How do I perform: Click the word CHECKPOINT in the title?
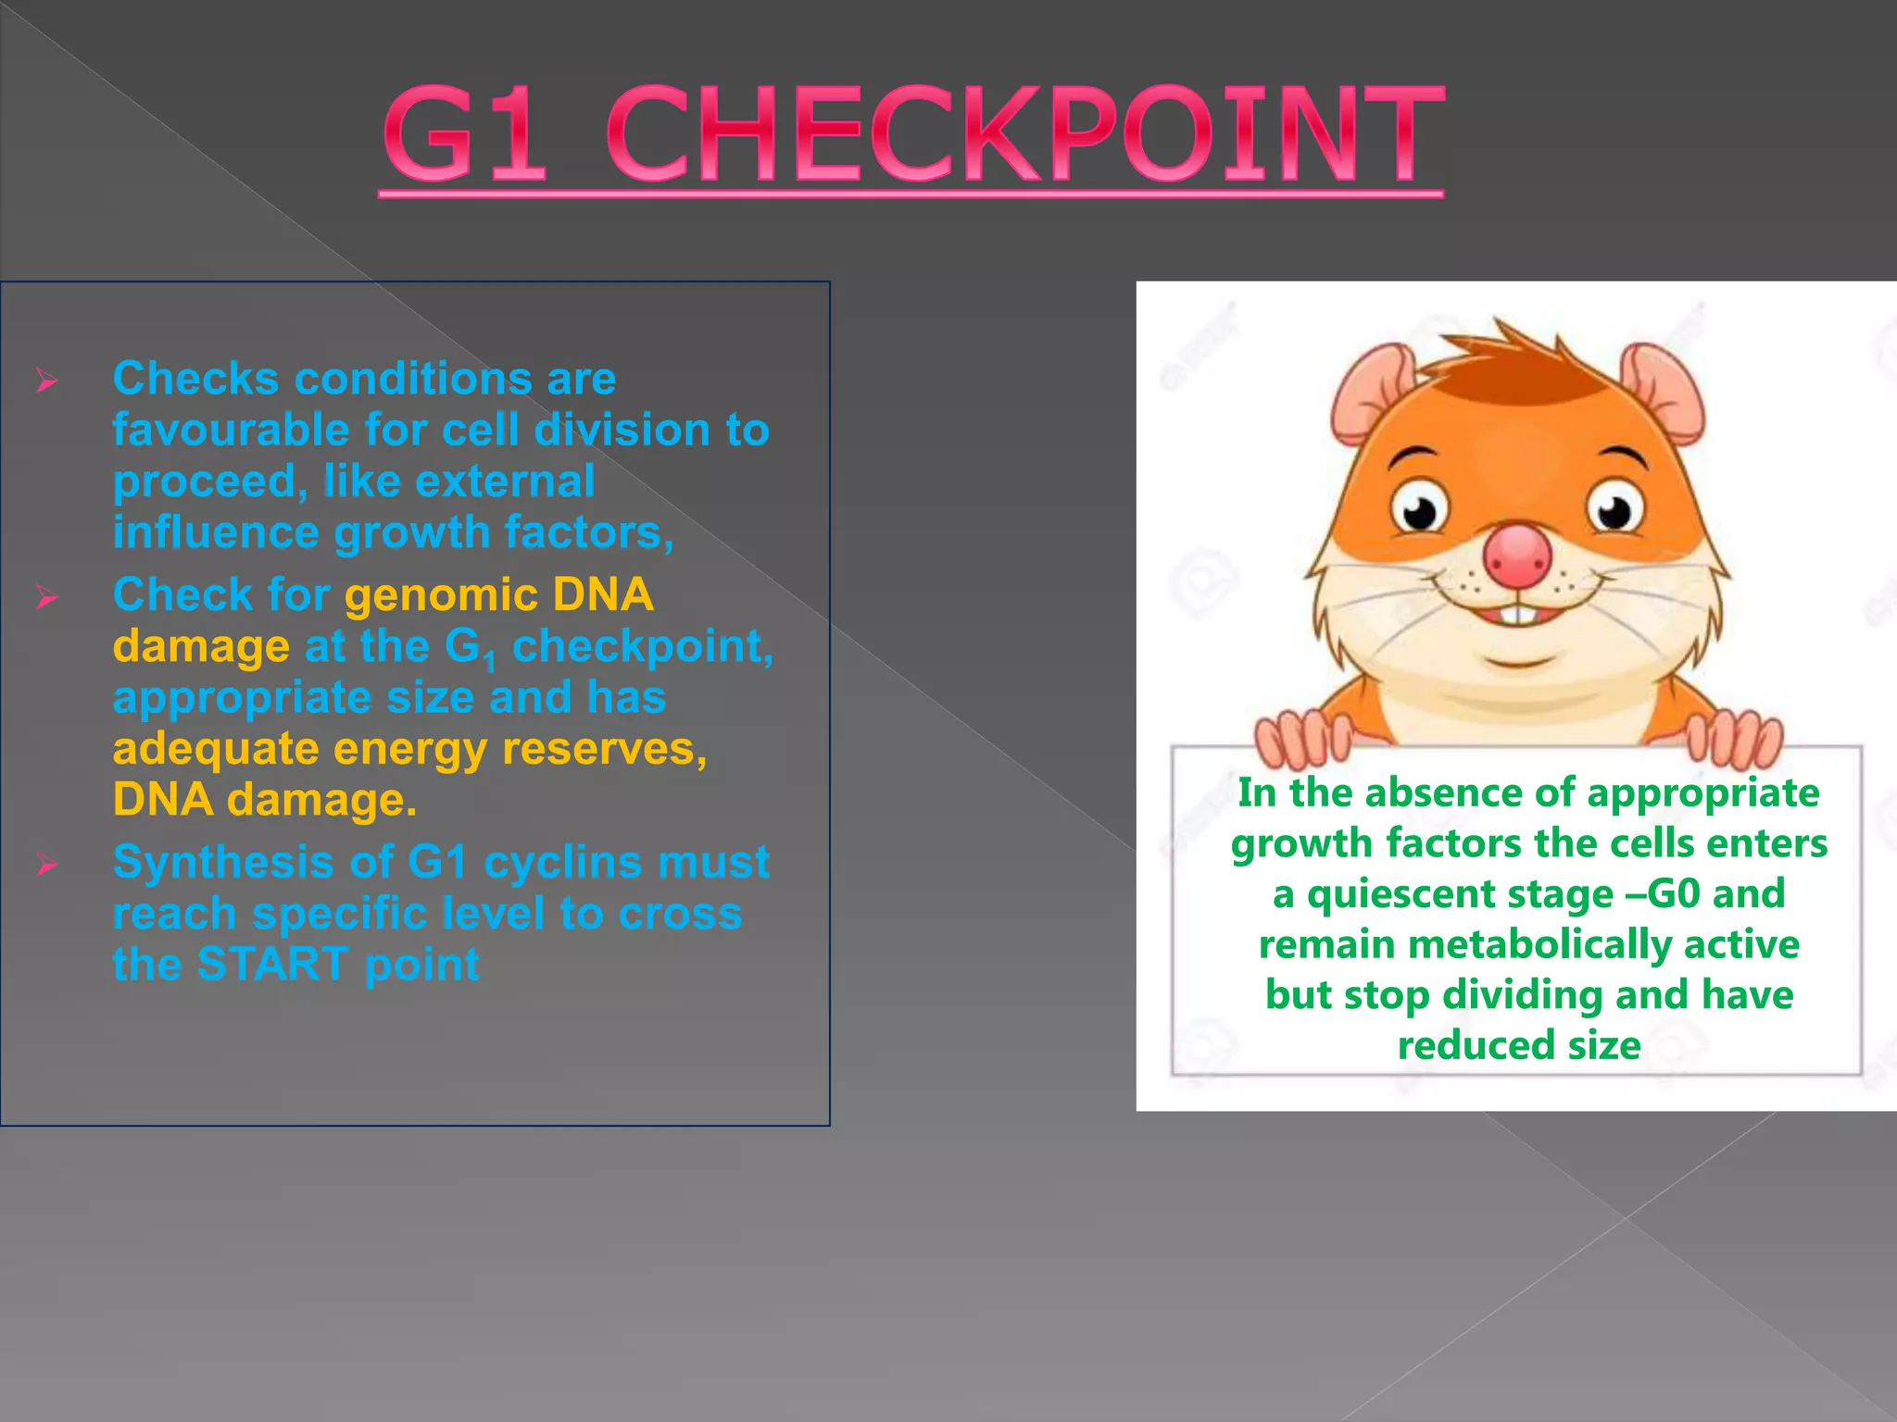click(x=1024, y=134)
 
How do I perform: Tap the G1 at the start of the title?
click(x=463, y=134)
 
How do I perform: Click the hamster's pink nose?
click(x=1516, y=556)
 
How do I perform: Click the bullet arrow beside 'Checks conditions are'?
click(x=47, y=380)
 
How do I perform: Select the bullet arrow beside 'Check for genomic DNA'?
click(x=47, y=597)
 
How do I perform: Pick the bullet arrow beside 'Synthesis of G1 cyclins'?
click(x=47, y=866)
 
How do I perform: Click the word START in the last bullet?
click(x=273, y=965)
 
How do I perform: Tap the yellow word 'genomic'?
click(x=440, y=595)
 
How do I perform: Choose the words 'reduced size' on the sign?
click(x=1519, y=1046)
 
